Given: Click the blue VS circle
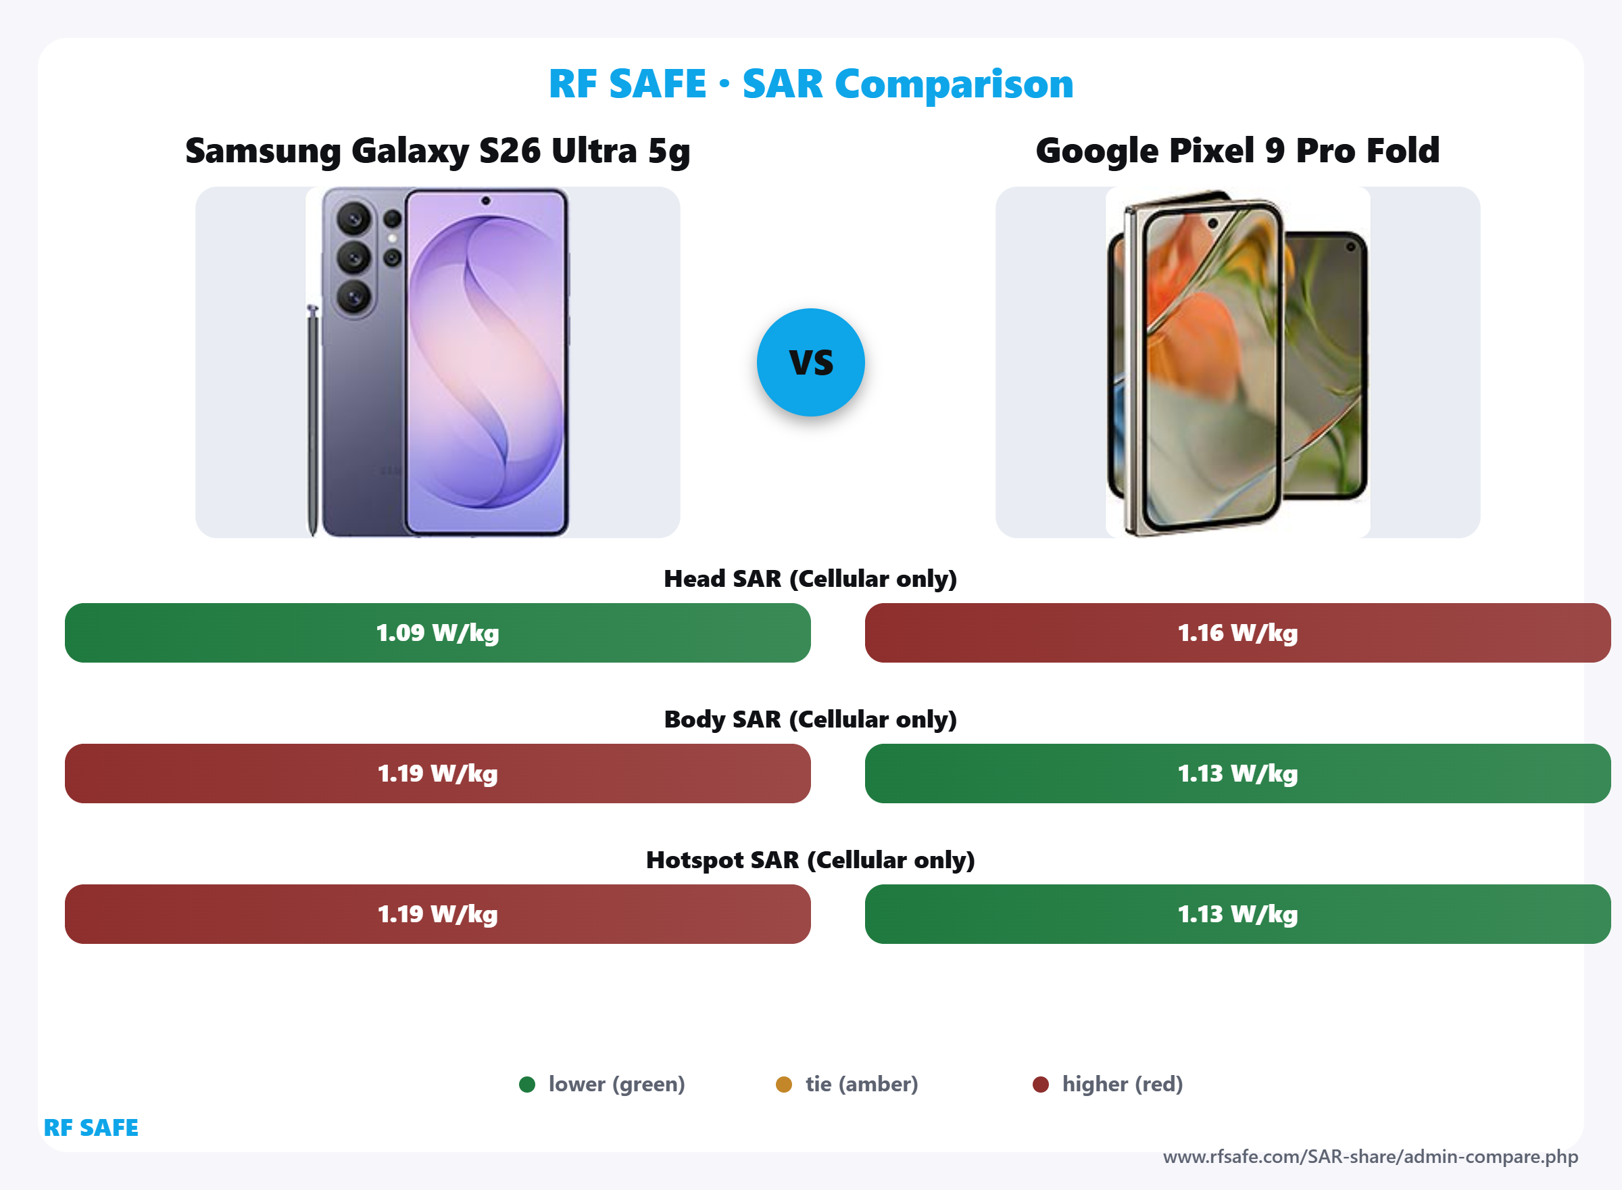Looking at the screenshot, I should pos(810,362).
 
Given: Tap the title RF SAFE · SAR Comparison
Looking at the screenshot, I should pos(810,84).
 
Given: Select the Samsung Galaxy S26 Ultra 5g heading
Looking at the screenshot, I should pos(438,151).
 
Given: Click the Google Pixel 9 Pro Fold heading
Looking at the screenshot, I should pos(1237,151).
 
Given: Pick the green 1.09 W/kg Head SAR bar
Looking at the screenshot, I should pos(438,632).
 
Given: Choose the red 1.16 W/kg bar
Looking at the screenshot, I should pos(1237,632).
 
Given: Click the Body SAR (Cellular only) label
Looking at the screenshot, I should pos(810,719).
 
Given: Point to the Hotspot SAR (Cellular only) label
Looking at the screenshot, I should pos(810,859).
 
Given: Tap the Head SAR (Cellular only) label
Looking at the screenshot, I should pos(810,578).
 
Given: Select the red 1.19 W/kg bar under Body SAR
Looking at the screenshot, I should pos(438,773).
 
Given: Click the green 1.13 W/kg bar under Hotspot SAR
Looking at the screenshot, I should pos(1237,914).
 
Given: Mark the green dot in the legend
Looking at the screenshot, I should pos(527,1084).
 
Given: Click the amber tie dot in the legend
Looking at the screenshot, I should pos(784,1084).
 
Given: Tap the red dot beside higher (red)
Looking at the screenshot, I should pos(1040,1084).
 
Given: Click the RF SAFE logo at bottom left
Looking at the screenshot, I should pos(91,1127).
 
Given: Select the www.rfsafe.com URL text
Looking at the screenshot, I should pos(1370,1157).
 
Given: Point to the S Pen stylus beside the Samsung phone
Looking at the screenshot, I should pos(312,418).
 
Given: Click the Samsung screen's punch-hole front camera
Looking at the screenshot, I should pos(486,201).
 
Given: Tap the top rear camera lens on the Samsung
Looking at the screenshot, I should pos(353,218).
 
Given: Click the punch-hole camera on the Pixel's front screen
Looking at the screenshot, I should pos(1212,223).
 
